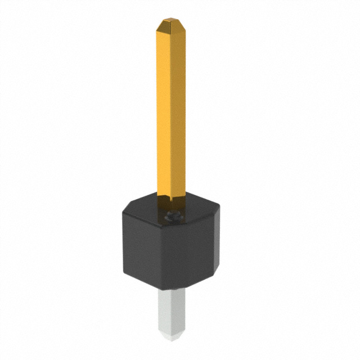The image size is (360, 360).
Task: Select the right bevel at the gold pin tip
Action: [x=181, y=27]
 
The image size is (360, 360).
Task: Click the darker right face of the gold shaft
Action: [x=178, y=112]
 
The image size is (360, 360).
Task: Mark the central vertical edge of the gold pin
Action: [x=171, y=112]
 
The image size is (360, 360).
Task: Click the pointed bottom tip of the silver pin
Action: [x=172, y=340]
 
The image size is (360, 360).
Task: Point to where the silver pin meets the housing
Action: [x=172, y=290]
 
